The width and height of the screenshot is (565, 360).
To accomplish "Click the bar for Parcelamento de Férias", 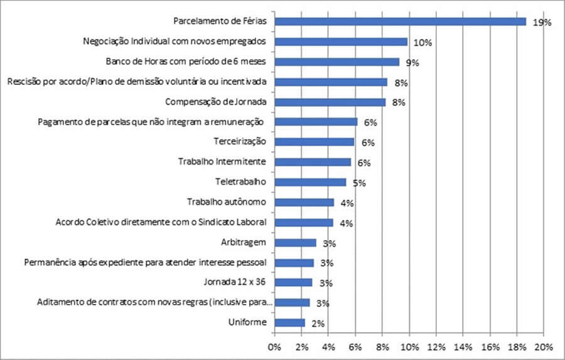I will coord(401,21).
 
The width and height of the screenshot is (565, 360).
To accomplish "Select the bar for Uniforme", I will coord(289,323).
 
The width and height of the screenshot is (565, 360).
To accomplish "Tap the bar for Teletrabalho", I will coord(310,182).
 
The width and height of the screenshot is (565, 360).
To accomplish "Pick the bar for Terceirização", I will coord(315,142).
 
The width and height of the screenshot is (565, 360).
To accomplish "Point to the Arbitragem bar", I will coord(295,243).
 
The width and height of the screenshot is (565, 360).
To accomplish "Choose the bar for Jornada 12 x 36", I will coord(293,283).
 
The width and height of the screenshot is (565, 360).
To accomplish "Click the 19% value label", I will coord(541,23).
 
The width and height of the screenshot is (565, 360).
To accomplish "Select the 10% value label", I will coord(422,43).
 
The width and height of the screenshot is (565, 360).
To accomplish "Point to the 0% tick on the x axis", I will coord(274,346).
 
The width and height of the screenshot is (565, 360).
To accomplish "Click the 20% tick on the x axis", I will coord(544,346).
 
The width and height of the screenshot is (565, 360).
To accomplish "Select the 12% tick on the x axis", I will coord(436,346).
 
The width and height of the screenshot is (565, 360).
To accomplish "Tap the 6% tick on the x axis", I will coord(355,346).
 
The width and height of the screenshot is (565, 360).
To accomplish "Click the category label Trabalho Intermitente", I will coord(222,161).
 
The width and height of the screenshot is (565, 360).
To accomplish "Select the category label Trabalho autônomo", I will coord(227,202).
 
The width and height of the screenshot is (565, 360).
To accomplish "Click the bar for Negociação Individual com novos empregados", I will coord(341,41).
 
